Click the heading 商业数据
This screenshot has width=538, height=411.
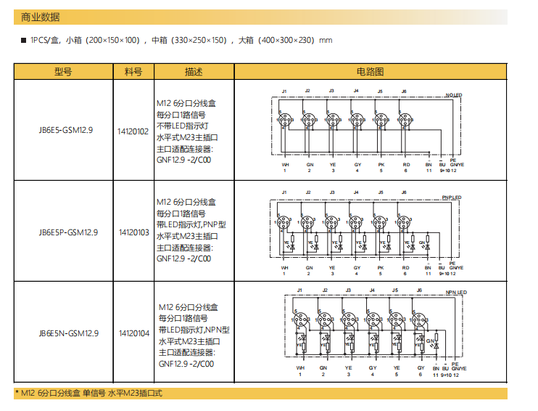41,17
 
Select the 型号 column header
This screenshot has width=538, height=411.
63,72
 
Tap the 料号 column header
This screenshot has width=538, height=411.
133,72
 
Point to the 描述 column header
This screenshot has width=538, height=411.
194,72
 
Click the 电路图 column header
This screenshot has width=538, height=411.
370,72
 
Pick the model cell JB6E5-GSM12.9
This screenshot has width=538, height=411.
63,131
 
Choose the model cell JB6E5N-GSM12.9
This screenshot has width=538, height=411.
63,333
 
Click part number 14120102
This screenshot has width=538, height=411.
133,131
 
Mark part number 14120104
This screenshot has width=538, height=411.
133,333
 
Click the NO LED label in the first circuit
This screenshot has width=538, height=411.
453,95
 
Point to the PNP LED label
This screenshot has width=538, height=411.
451,198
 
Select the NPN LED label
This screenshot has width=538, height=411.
456,292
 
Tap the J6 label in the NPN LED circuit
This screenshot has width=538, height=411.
419,290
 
